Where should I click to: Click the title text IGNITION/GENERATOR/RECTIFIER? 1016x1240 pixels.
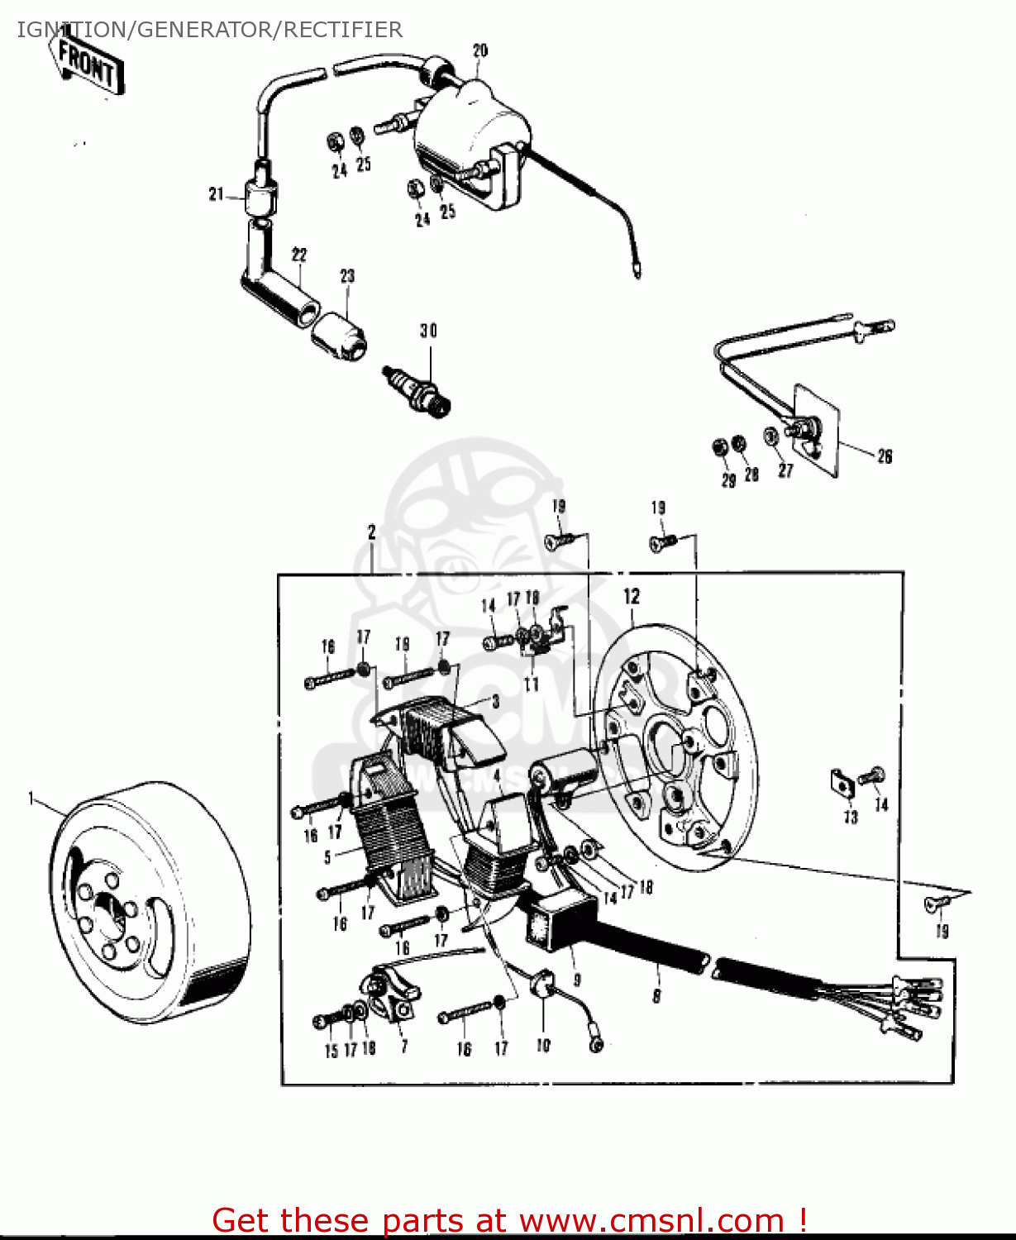click(210, 30)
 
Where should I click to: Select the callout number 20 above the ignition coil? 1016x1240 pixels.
click(479, 51)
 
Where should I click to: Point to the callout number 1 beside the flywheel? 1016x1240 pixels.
click(31, 799)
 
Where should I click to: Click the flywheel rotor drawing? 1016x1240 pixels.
click(149, 901)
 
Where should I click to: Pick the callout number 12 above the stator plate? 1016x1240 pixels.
click(632, 596)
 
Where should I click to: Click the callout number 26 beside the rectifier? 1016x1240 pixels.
click(885, 456)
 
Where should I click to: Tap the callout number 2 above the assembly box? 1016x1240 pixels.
click(372, 532)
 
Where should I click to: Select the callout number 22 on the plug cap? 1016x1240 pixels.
click(299, 255)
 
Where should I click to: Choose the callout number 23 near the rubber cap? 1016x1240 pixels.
click(347, 276)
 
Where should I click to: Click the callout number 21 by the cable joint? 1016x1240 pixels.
click(217, 195)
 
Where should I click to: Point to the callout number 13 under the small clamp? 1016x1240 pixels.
click(851, 818)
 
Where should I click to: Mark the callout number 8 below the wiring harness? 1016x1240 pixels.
click(656, 996)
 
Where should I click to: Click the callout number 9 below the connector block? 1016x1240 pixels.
click(577, 980)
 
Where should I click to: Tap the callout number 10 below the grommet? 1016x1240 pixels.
click(543, 1046)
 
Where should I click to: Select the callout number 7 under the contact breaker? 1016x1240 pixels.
click(403, 1047)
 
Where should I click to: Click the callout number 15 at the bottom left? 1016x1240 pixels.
click(331, 1052)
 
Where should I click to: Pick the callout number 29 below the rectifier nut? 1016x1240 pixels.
click(728, 481)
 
